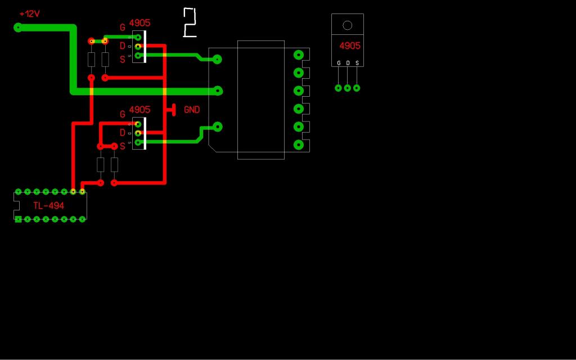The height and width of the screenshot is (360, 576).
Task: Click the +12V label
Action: [30, 13]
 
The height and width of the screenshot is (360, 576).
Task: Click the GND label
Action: [192, 110]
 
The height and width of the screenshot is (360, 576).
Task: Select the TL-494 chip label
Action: [48, 206]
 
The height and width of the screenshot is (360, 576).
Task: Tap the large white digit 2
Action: [190, 23]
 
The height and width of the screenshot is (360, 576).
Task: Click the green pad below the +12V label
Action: [18, 27]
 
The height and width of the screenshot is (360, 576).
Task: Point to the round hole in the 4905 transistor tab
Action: [347, 25]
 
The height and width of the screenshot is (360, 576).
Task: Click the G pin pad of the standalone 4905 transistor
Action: [339, 88]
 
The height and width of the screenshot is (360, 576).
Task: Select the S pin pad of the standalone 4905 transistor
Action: [357, 88]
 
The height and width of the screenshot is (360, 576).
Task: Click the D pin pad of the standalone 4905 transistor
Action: [348, 88]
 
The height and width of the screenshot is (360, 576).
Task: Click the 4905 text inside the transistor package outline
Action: [350, 46]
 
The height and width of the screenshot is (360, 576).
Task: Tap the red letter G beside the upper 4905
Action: [123, 27]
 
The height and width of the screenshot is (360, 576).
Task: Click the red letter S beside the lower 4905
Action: [123, 146]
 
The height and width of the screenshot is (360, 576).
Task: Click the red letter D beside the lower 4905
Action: [123, 133]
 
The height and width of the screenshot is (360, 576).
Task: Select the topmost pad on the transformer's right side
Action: [299, 55]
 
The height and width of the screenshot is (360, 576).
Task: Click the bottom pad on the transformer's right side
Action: [299, 145]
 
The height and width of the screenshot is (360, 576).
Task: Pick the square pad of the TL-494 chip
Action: [19, 219]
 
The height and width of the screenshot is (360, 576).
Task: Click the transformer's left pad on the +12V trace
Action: [218, 91]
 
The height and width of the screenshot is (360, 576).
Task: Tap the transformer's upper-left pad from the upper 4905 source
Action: [218, 59]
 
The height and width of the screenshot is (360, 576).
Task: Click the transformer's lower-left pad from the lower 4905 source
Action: [218, 127]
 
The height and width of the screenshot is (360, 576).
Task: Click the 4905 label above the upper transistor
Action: [139, 23]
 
